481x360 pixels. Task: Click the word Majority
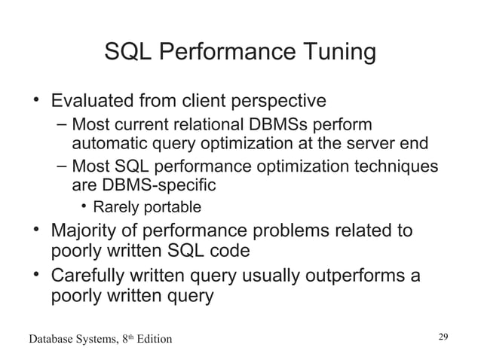coord(88,230)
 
